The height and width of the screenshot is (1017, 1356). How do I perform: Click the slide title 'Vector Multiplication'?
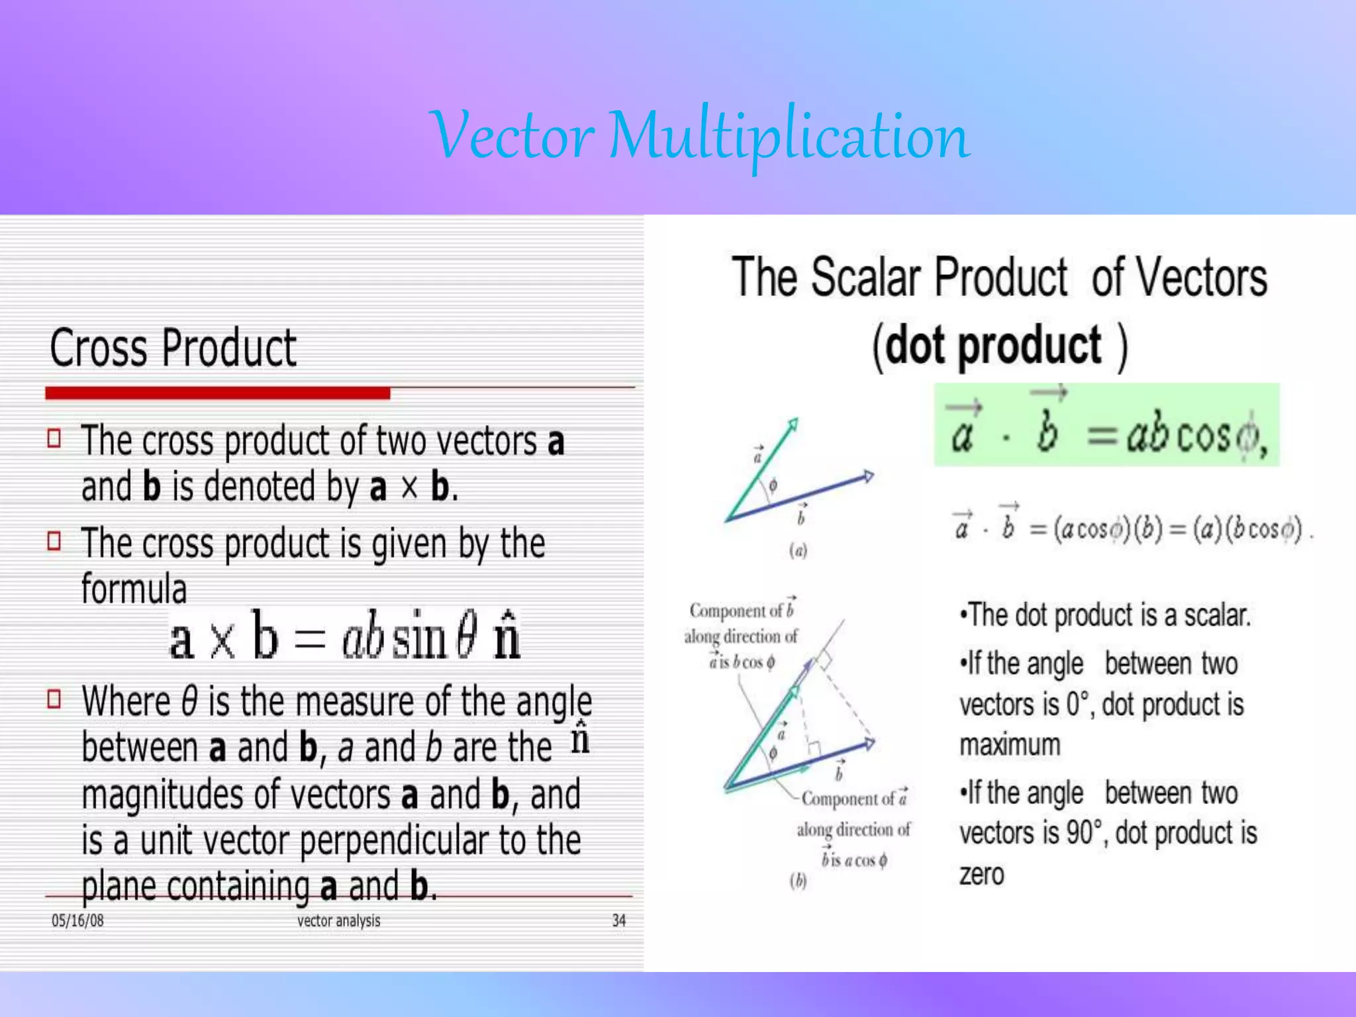699,136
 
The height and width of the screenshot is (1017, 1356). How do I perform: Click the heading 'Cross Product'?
173,348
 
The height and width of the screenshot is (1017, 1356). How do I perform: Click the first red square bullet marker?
54,438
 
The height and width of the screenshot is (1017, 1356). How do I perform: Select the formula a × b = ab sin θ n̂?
345,636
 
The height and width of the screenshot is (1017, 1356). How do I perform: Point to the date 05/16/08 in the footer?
77,920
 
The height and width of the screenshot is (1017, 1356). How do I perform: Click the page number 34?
618,920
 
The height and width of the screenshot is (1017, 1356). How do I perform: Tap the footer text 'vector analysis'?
338,920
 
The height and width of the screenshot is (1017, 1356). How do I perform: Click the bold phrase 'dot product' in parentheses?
993,346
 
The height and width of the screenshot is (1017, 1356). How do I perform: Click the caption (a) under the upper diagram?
798,550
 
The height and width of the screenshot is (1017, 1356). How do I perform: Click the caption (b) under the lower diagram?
798,881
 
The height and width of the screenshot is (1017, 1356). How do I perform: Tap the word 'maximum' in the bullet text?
1010,746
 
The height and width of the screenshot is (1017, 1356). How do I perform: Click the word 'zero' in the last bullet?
981,875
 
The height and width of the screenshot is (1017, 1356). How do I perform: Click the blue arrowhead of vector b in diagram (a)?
867,476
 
